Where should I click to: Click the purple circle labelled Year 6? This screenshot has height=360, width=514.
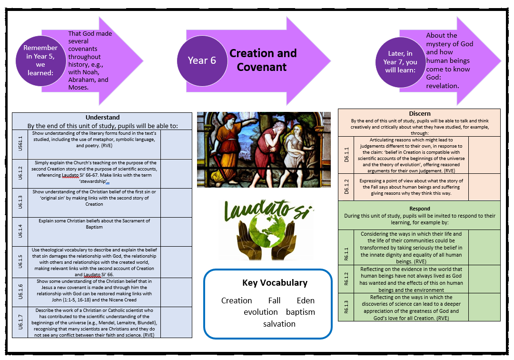click(x=202, y=60)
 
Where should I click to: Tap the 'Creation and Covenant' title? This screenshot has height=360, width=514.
click(x=263, y=60)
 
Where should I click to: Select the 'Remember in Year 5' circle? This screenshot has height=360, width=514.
click(x=40, y=60)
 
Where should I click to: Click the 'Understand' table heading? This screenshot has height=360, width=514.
click(x=102, y=117)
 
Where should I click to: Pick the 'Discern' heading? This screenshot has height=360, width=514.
click(x=419, y=114)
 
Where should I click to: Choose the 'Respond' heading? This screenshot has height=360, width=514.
click(x=419, y=209)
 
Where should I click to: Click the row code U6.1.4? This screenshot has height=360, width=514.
click(x=20, y=232)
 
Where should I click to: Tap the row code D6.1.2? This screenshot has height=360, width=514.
click(x=346, y=187)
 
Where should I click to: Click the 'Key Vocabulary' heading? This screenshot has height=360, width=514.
click(x=275, y=283)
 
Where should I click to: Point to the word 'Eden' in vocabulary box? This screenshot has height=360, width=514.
click(x=306, y=300)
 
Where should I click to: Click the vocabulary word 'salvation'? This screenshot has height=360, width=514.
click(x=279, y=324)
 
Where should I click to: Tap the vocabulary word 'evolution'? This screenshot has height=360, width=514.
click(x=261, y=312)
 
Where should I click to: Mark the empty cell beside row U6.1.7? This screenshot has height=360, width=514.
click(x=176, y=322)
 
